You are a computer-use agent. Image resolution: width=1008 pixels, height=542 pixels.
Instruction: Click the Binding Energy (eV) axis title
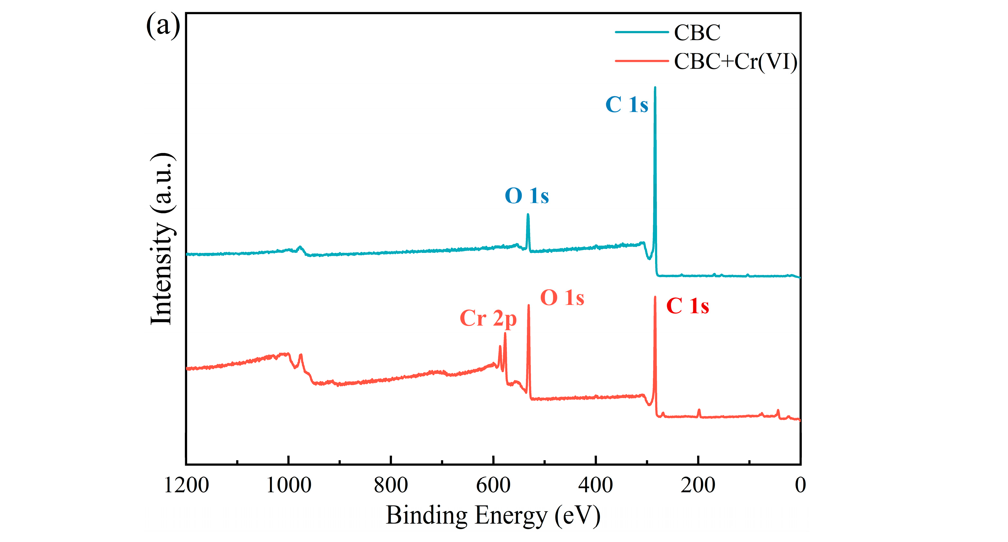pos(493,515)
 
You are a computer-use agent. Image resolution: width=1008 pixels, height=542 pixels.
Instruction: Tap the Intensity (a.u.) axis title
pos(161,239)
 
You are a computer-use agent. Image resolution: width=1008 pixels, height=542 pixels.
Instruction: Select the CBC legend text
pos(697,33)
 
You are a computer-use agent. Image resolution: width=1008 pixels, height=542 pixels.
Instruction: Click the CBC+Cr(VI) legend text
pos(735,61)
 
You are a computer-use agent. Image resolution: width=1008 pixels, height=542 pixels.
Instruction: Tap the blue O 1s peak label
pos(527,196)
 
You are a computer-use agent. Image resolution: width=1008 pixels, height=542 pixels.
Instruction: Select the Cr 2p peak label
pos(488,319)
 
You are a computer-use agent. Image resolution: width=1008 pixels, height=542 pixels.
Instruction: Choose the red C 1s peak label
pos(687,306)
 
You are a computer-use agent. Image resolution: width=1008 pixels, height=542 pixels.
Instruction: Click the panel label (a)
pos(163,26)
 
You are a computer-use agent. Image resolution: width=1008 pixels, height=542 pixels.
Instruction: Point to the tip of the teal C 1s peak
pos(655,88)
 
